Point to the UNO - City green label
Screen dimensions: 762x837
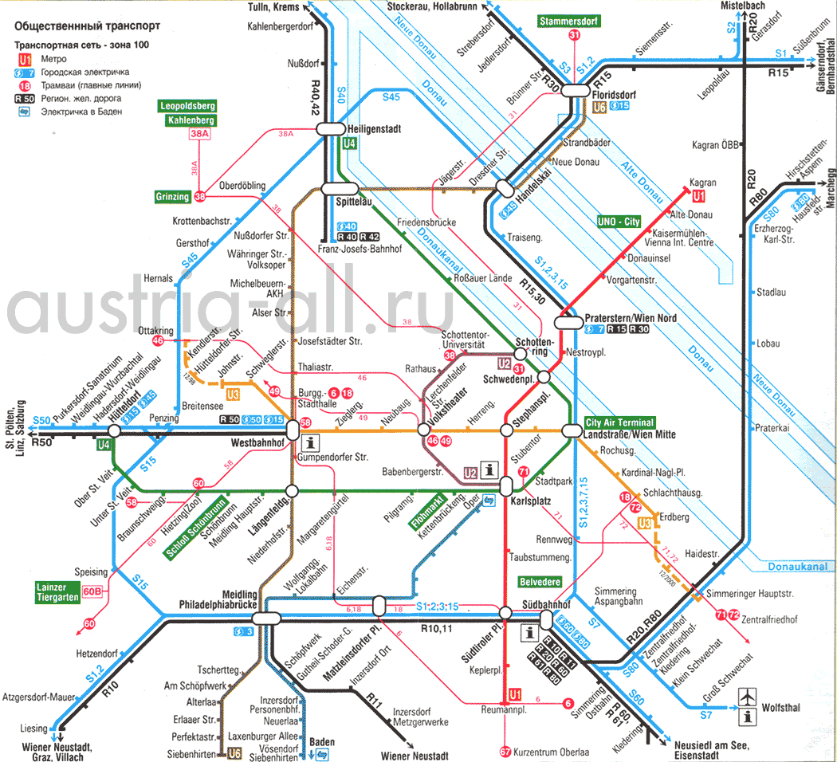point(619,221)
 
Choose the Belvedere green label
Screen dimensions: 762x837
point(540,581)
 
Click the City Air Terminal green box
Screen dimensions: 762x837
point(619,422)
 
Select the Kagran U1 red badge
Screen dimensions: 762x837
point(699,196)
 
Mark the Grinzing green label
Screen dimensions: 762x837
point(173,196)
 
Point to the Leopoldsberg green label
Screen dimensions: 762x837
point(188,105)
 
